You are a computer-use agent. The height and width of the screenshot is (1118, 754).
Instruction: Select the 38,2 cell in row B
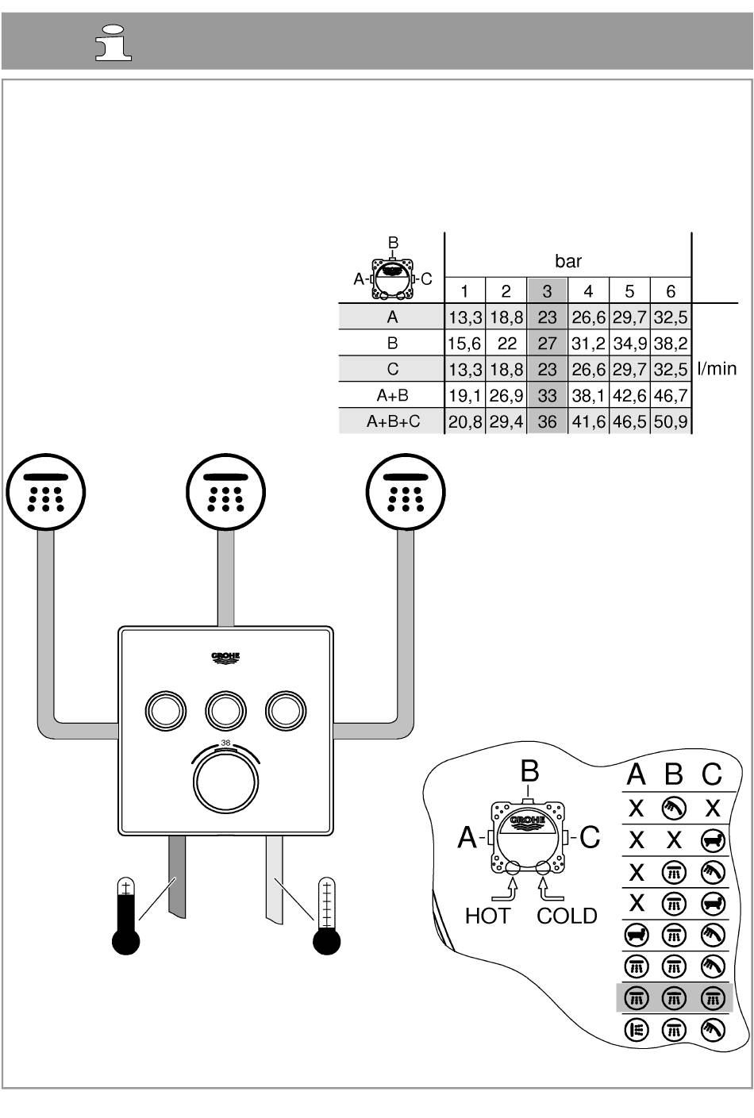[x=671, y=344]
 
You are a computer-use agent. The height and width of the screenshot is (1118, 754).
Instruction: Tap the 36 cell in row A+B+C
[x=547, y=421]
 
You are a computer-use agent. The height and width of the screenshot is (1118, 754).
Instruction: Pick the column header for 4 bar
[x=588, y=291]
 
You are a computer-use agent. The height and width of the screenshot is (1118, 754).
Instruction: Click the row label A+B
[x=392, y=395]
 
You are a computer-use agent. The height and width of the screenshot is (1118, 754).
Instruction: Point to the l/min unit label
[x=717, y=369]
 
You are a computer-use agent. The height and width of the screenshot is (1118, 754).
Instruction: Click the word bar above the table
[x=568, y=261]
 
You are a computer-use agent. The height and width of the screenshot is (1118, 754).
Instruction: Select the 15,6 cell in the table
[x=464, y=344]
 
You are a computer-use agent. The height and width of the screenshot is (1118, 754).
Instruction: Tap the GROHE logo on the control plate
[x=225, y=658]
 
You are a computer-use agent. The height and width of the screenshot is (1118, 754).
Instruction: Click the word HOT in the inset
[x=487, y=916]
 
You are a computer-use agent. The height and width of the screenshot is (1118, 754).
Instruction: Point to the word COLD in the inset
[x=567, y=916]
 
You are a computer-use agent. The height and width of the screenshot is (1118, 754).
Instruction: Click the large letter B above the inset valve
[x=529, y=771]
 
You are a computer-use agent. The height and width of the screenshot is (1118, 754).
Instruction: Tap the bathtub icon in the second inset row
[x=712, y=839]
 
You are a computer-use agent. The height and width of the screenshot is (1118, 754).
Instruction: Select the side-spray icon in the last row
[x=636, y=1030]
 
